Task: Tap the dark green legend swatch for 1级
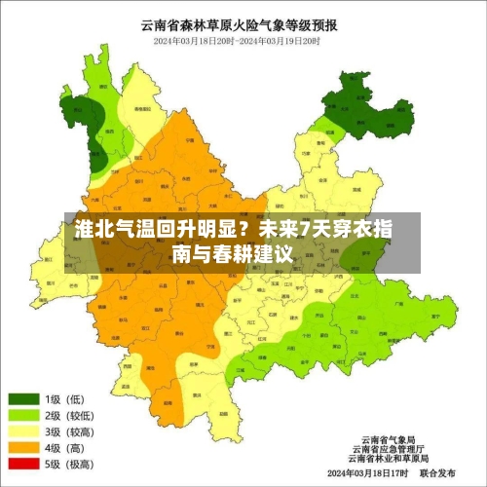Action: [x=24, y=398]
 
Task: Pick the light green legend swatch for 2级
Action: [x=24, y=415]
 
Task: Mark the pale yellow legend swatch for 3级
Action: [x=24, y=431]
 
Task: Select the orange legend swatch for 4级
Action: [x=24, y=448]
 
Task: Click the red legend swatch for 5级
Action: [x=24, y=465]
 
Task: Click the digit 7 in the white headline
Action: [x=306, y=230]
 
